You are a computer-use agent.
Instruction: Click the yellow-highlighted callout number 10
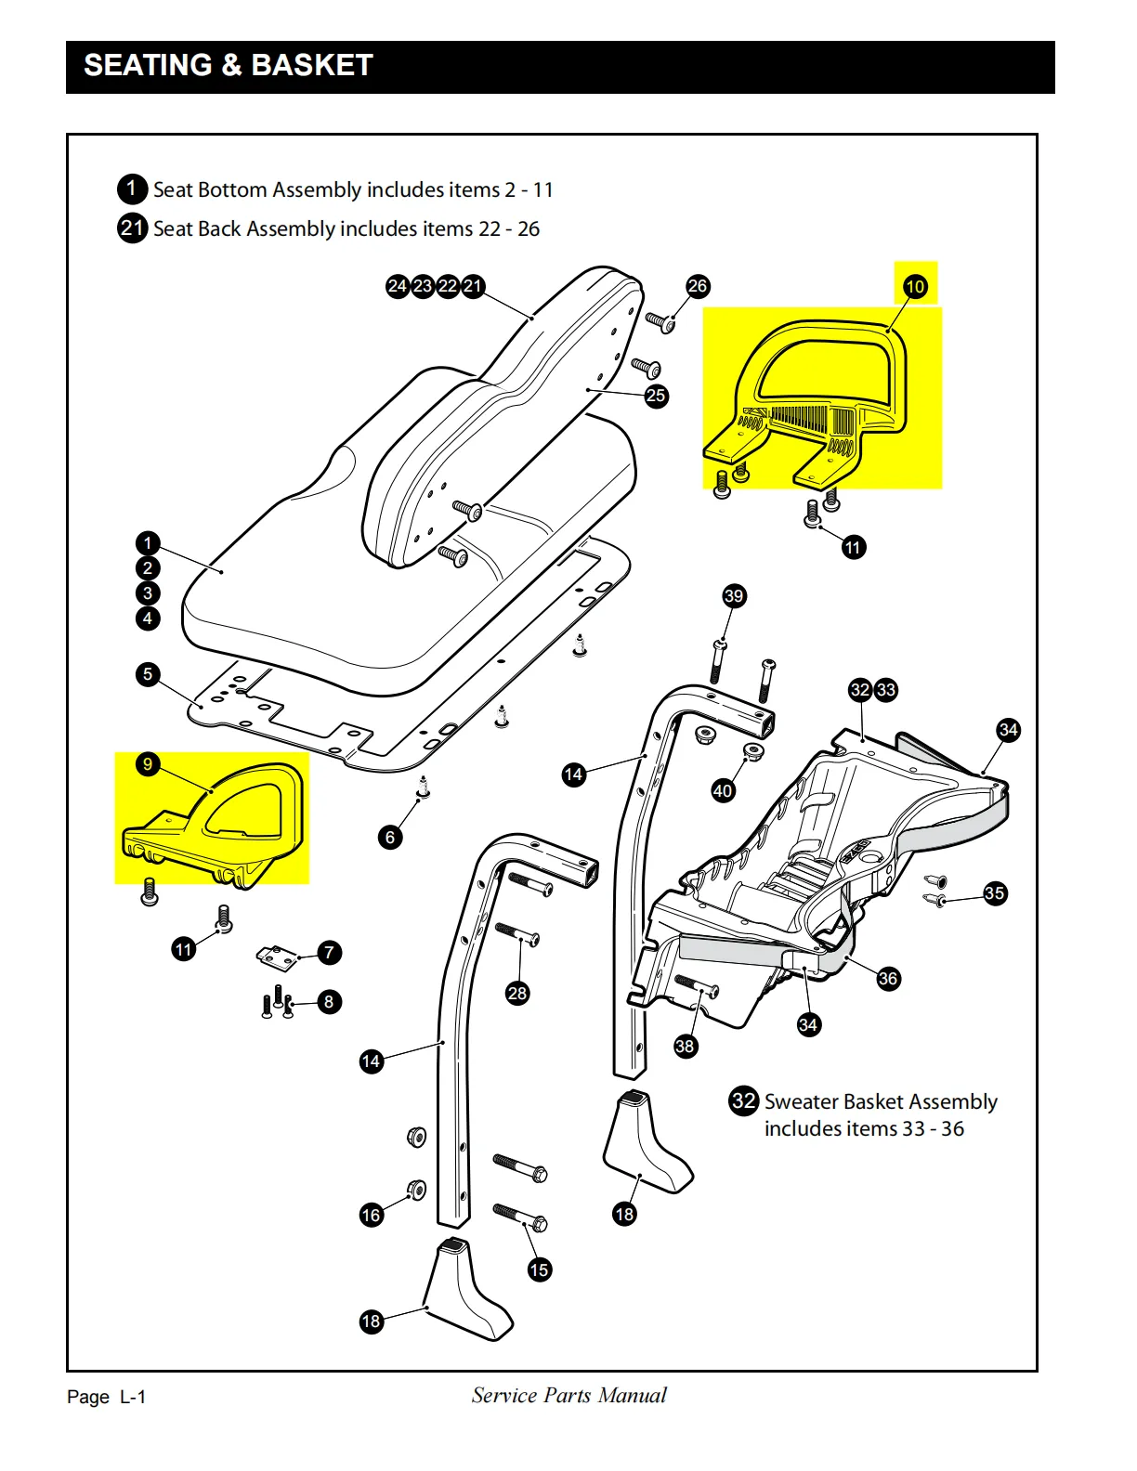pyautogui.click(x=915, y=286)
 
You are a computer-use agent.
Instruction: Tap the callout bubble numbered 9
pyautogui.click(x=148, y=764)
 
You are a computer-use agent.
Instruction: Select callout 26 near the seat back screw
pyautogui.click(x=698, y=286)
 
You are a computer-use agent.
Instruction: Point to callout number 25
pyautogui.click(x=656, y=396)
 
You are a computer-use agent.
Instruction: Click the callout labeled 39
pyautogui.click(x=734, y=596)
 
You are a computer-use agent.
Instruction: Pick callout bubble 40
pyautogui.click(x=723, y=791)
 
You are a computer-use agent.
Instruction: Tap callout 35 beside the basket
pyautogui.click(x=995, y=893)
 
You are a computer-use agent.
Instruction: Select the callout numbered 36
pyautogui.click(x=888, y=978)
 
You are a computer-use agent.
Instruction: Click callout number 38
pyautogui.click(x=685, y=1047)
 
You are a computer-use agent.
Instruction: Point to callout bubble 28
pyautogui.click(x=517, y=994)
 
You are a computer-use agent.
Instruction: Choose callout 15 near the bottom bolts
pyautogui.click(x=540, y=1269)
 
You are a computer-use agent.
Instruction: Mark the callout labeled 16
pyautogui.click(x=372, y=1215)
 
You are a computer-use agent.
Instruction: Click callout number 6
pyautogui.click(x=390, y=838)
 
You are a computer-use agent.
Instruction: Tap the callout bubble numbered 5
pyautogui.click(x=148, y=674)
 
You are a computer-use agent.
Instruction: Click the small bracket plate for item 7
pyautogui.click(x=277, y=955)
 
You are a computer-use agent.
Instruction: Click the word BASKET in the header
pyautogui.click(x=312, y=65)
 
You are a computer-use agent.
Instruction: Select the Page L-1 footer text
pyautogui.click(x=107, y=1397)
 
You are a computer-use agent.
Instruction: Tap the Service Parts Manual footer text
pyautogui.click(x=568, y=1395)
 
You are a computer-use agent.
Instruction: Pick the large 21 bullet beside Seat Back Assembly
pyautogui.click(x=132, y=228)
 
